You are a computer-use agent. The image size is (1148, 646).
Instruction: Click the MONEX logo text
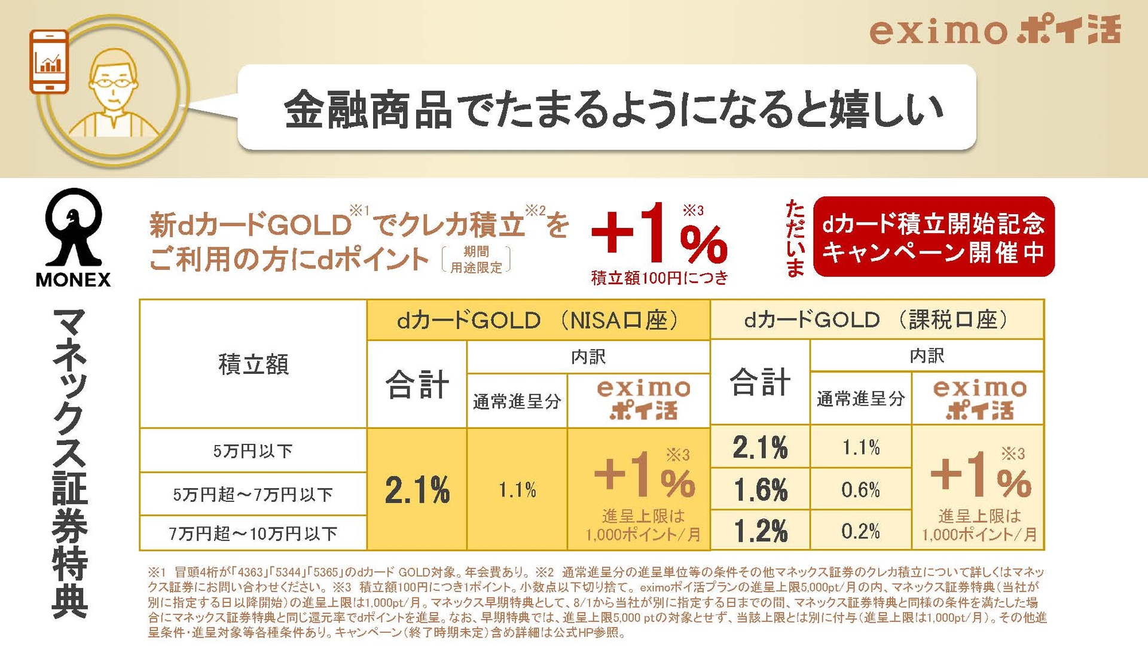coord(73,280)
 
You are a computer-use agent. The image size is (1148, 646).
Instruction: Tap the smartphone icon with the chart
coord(49,62)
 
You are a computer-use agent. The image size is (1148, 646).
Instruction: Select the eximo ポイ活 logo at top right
coord(994,31)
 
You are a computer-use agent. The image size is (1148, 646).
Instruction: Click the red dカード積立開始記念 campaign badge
coord(933,237)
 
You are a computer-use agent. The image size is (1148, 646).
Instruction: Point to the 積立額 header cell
coord(253,364)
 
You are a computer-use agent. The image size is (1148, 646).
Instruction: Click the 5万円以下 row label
coord(253,450)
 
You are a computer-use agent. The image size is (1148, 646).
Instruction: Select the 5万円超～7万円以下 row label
coord(253,494)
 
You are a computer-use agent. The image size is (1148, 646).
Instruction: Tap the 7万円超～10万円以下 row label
coord(253,533)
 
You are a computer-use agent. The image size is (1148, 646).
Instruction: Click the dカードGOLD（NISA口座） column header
coord(538,320)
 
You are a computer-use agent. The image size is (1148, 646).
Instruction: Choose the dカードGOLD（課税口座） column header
coord(877,320)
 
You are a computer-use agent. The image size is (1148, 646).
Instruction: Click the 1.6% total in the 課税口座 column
coord(760,490)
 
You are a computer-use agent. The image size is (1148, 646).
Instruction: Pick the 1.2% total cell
coord(760,531)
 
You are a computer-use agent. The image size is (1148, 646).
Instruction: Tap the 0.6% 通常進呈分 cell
coord(860,490)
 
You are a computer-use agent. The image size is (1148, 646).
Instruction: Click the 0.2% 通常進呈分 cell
coord(860,531)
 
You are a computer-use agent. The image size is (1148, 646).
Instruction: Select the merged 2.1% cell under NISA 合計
coord(417,490)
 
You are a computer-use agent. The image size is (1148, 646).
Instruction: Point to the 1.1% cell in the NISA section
coord(517,490)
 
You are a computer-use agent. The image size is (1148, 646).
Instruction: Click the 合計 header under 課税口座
coord(760,382)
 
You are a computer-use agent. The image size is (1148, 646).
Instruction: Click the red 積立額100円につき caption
coord(660,278)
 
